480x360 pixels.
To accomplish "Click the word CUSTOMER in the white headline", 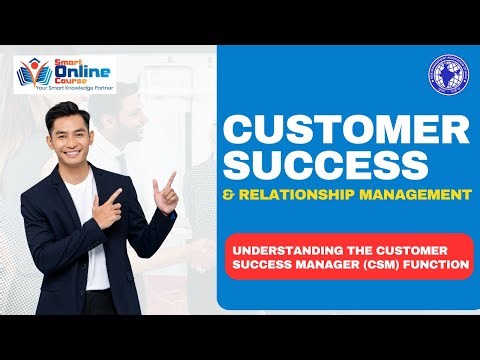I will click(x=345, y=131).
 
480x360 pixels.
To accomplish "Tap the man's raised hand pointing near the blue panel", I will click(x=165, y=186).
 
